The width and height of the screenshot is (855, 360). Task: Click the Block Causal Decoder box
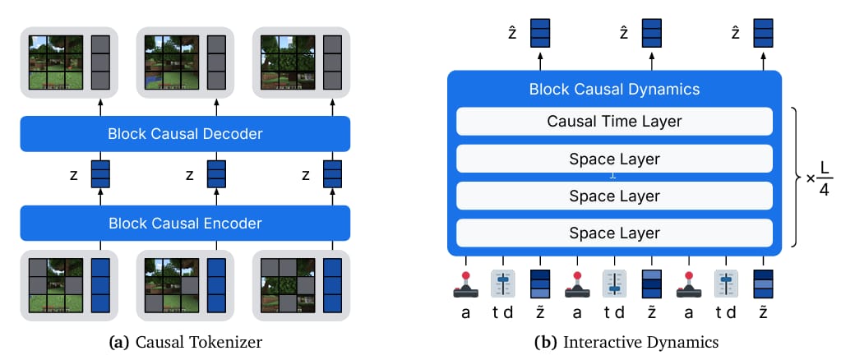pos(185,133)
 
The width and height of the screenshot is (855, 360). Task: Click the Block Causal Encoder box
pos(185,223)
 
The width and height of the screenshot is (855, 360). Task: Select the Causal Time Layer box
pos(614,122)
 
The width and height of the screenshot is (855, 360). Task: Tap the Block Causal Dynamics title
pos(614,89)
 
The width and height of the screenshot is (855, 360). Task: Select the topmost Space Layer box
pos(614,158)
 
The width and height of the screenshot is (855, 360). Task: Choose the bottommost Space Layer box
pos(614,233)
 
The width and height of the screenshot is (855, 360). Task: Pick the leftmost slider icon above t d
pos(502,283)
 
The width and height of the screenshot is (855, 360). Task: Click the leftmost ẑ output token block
pos(540,33)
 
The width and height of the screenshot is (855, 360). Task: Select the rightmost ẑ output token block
pos(764,33)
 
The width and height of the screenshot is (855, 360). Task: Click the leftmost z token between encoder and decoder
pos(100,173)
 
